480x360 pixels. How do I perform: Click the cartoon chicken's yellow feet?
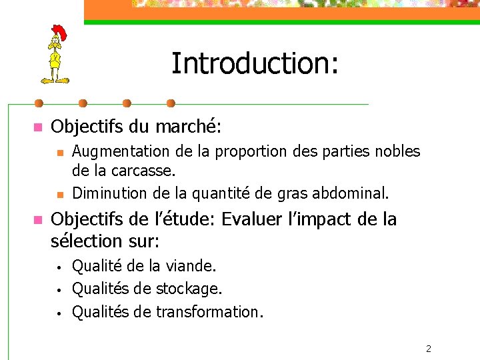click(x=55, y=80)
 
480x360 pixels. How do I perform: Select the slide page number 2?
click(x=429, y=348)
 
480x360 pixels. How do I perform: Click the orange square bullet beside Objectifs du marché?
click(x=37, y=127)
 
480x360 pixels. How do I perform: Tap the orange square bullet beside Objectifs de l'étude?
click(x=37, y=219)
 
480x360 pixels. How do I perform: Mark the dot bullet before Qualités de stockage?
click(x=59, y=290)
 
